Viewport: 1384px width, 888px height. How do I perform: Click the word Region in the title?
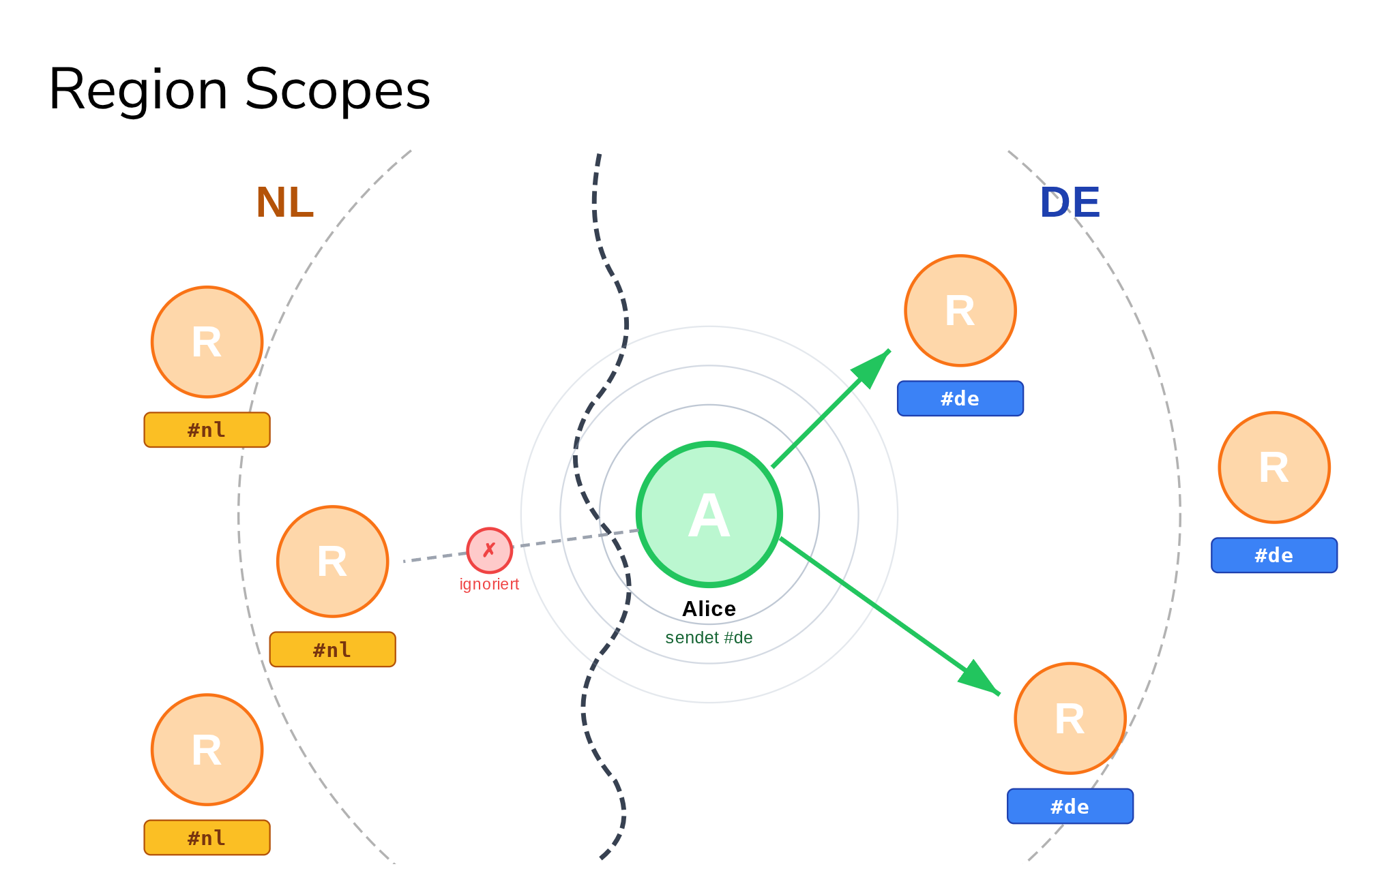click(x=138, y=91)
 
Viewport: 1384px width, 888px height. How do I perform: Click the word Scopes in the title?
click(x=337, y=91)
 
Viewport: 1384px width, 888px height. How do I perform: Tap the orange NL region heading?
click(x=284, y=202)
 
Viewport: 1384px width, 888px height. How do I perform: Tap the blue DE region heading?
click(x=1070, y=202)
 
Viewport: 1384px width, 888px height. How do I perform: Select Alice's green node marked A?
click(x=709, y=515)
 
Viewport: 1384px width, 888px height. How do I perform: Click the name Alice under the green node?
click(x=709, y=609)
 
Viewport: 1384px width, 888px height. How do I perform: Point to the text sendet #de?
click(x=709, y=638)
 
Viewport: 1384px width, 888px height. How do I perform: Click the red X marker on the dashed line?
click(x=489, y=550)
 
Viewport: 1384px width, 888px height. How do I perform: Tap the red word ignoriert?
click(x=489, y=584)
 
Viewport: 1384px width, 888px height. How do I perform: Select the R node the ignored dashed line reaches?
click(x=332, y=562)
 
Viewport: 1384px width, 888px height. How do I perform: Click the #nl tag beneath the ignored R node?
click(x=332, y=649)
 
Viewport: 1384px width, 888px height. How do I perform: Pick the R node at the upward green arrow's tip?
click(x=960, y=311)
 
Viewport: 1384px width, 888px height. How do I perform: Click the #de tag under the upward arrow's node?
click(x=960, y=399)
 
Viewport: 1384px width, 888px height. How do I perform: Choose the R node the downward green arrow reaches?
click(x=1070, y=718)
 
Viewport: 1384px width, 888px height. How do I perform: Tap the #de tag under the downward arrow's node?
click(x=1070, y=807)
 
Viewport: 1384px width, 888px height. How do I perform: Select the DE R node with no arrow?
click(x=1273, y=468)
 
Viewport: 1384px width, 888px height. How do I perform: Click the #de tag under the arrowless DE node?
click(x=1273, y=555)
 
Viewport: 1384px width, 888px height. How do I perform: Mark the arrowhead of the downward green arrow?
click(x=978, y=679)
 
